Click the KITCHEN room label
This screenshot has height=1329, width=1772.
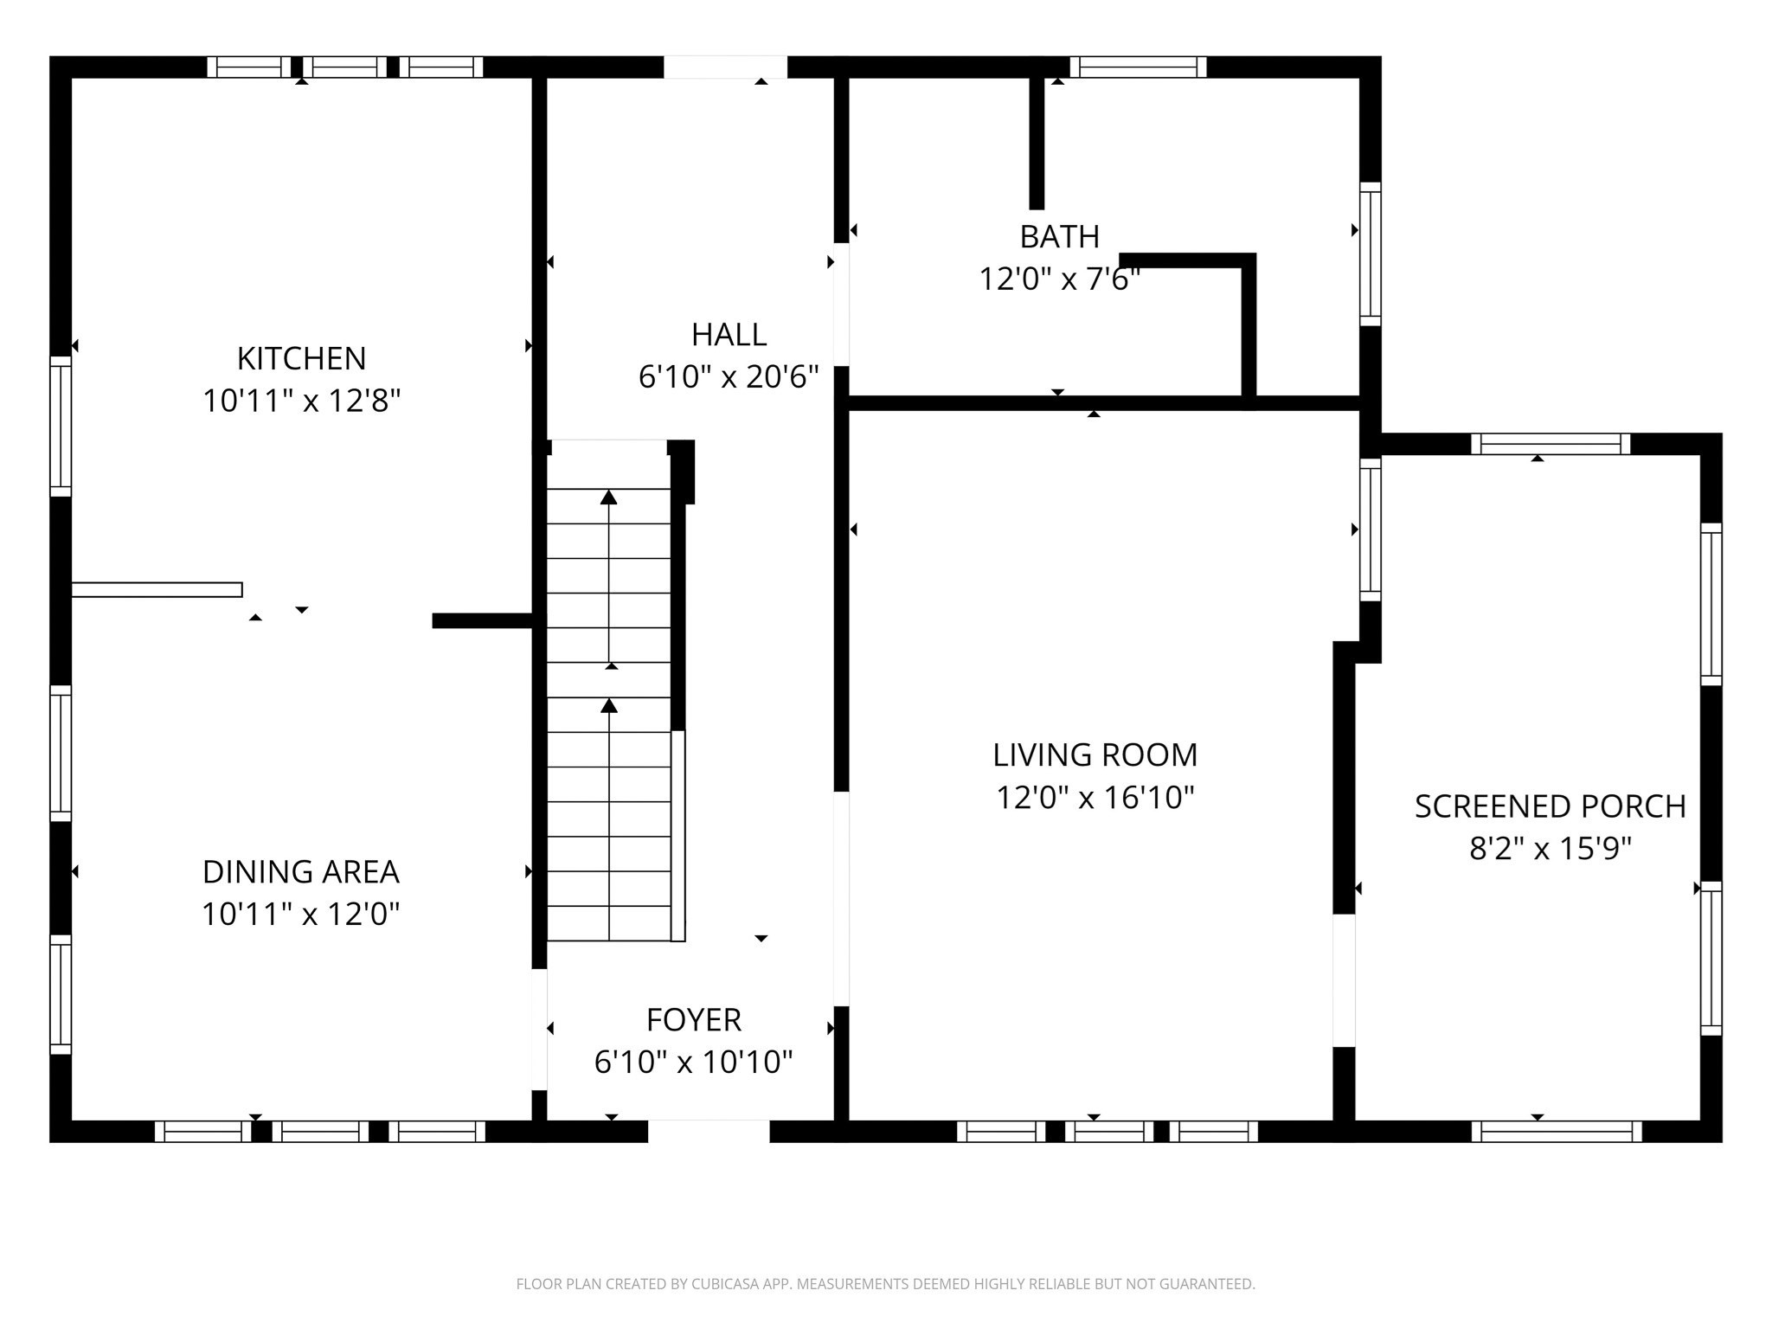(x=301, y=358)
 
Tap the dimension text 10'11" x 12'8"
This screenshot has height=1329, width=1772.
(x=301, y=401)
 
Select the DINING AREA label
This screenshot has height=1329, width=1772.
(x=301, y=871)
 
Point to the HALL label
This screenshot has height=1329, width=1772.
(x=729, y=335)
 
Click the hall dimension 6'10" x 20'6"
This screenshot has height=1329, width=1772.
(x=729, y=377)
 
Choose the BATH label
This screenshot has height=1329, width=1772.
(x=1059, y=236)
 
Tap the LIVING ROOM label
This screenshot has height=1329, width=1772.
(x=1095, y=755)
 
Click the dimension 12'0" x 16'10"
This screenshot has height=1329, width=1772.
(x=1095, y=798)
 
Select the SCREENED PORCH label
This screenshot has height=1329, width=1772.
(x=1550, y=806)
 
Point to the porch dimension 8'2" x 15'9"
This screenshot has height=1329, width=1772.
(x=1550, y=849)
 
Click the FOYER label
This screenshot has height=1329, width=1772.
(x=694, y=1020)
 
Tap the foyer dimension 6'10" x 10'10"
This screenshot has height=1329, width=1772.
(x=694, y=1063)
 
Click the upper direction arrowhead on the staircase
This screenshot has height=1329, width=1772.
(x=609, y=497)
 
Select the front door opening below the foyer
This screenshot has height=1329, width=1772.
(x=709, y=1131)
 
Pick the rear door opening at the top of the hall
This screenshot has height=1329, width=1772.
(x=725, y=67)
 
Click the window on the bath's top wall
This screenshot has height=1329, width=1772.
(x=1138, y=67)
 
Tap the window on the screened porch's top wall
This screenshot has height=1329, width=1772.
(x=1550, y=444)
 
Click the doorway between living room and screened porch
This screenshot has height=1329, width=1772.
(x=1343, y=979)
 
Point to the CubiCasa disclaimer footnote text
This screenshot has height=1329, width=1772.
(x=885, y=1284)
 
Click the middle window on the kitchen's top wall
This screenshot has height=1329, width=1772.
(x=344, y=67)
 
